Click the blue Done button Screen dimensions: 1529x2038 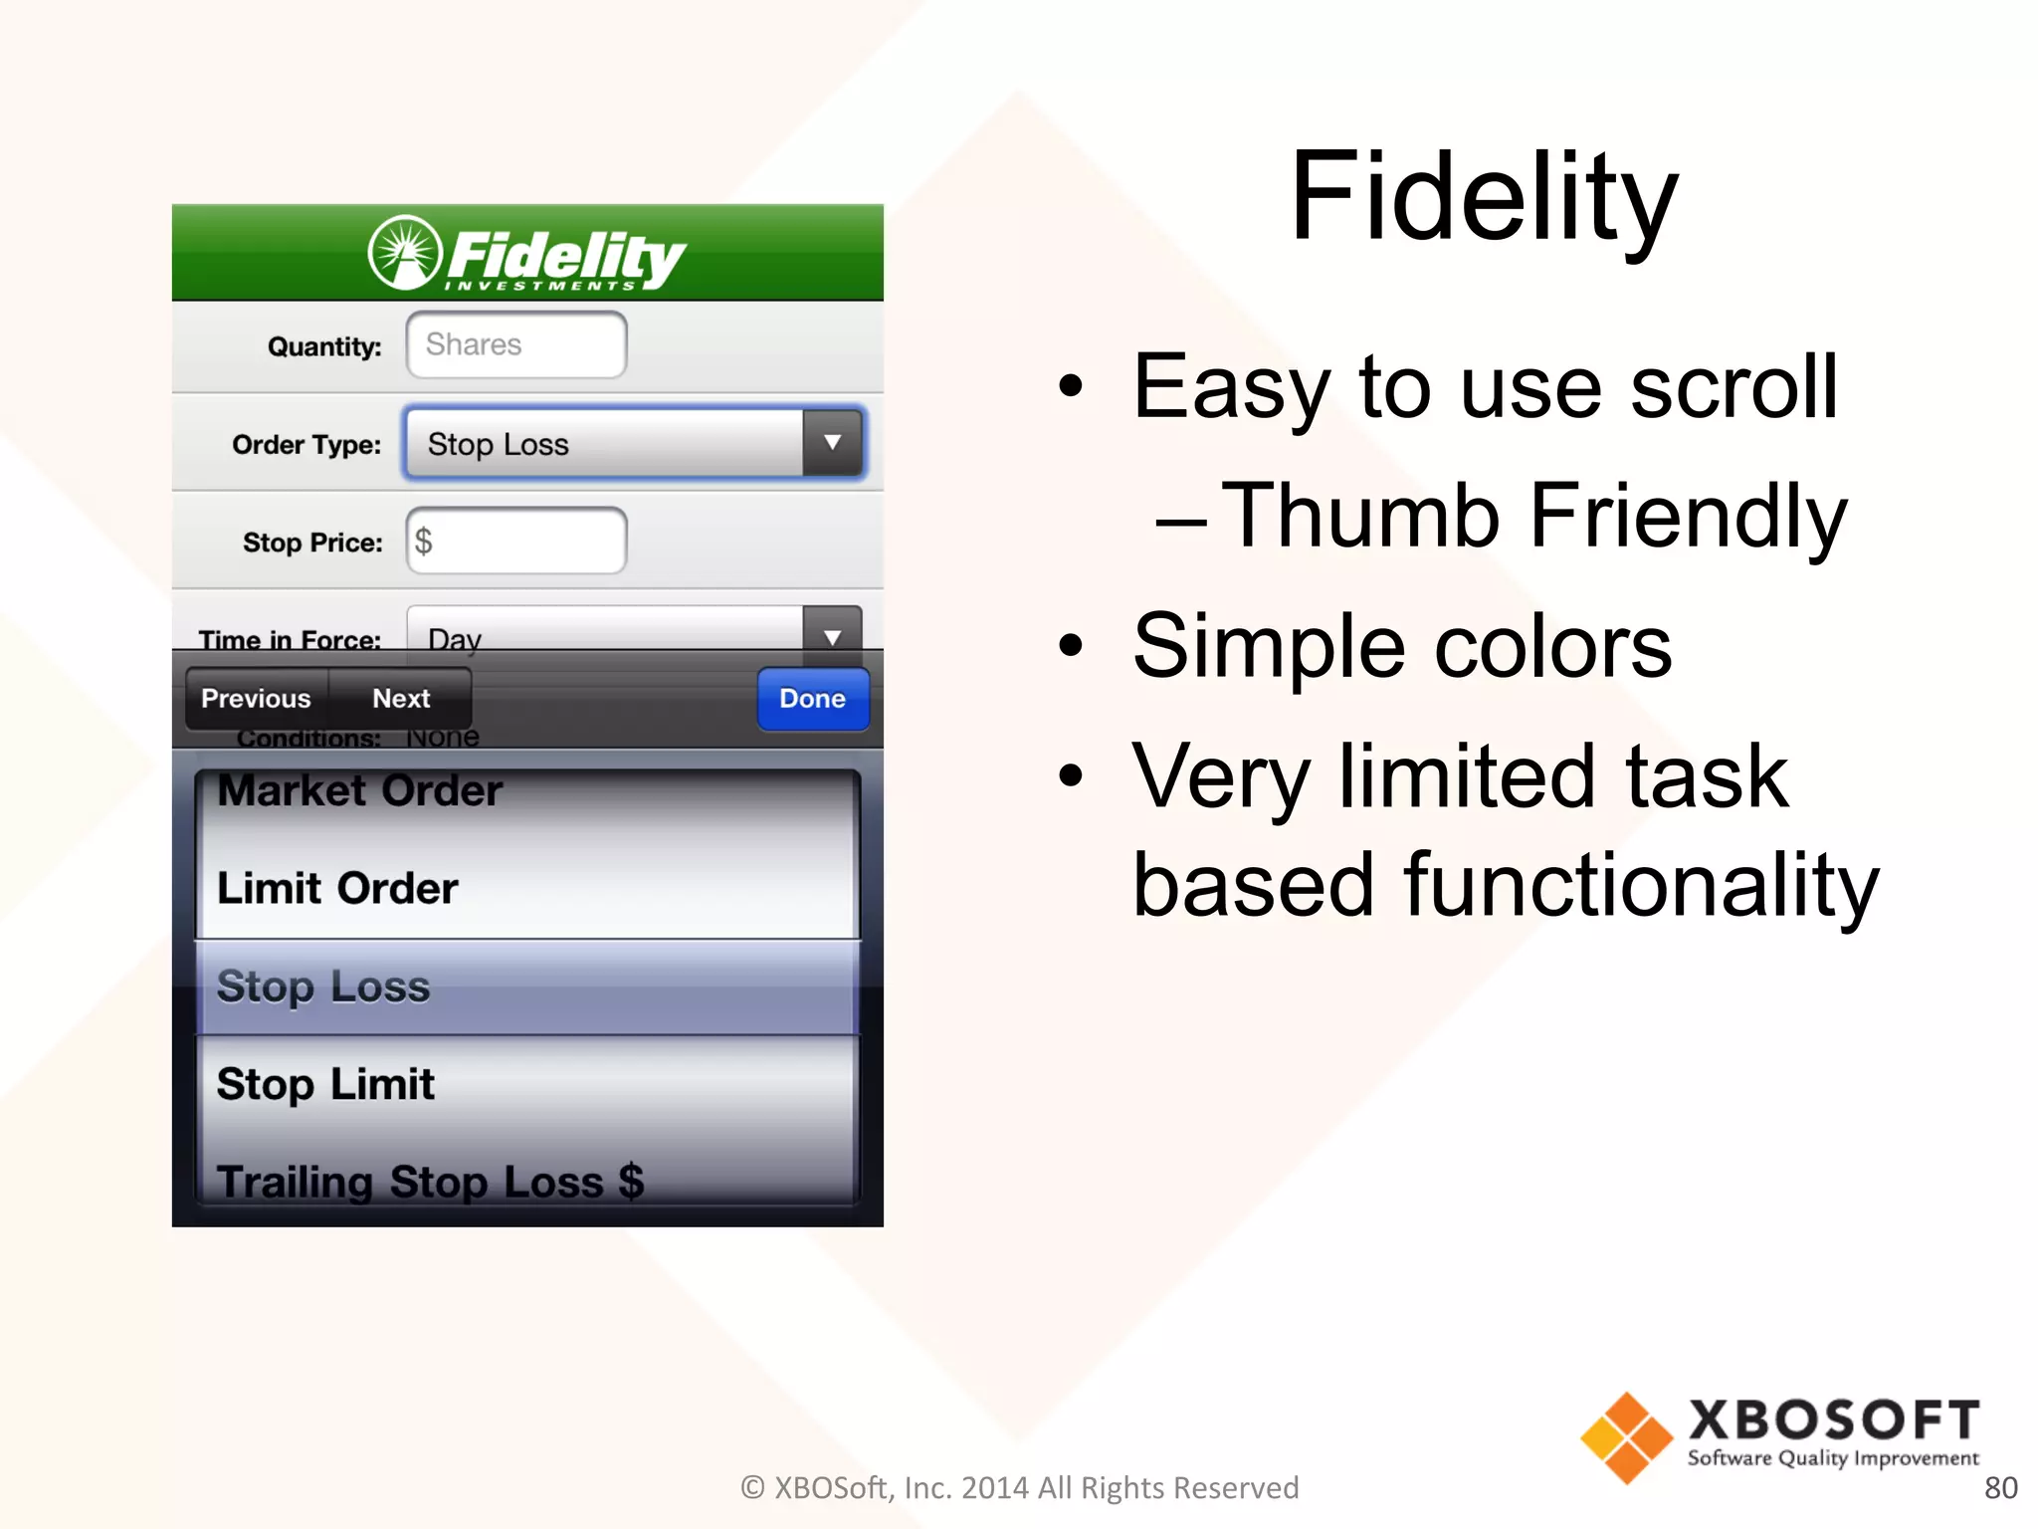[x=812, y=699]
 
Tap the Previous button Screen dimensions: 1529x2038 [x=257, y=699]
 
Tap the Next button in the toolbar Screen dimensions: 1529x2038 [x=401, y=699]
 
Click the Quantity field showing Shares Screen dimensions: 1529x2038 [x=515, y=344]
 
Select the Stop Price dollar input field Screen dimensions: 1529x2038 [x=515, y=541]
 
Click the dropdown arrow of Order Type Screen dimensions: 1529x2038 [x=832, y=442]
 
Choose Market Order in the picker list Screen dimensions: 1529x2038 [x=360, y=791]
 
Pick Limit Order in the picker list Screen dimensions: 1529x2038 [x=338, y=888]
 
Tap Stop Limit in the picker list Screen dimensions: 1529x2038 [x=326, y=1084]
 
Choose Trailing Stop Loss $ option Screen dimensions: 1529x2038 [x=430, y=1181]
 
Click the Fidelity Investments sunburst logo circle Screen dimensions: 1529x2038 [x=404, y=253]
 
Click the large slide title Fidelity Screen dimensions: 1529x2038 [x=1484, y=196]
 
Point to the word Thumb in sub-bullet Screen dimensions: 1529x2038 [x=1360, y=516]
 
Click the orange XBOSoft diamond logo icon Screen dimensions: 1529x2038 [x=1626, y=1437]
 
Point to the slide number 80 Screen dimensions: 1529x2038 [x=2000, y=1487]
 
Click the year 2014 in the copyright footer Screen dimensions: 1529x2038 [x=994, y=1487]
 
